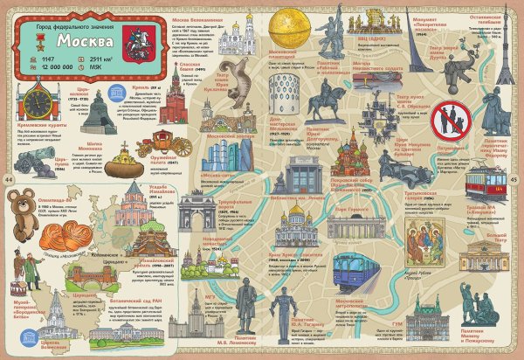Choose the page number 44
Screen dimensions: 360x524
pyautogui.click(x=8, y=179)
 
